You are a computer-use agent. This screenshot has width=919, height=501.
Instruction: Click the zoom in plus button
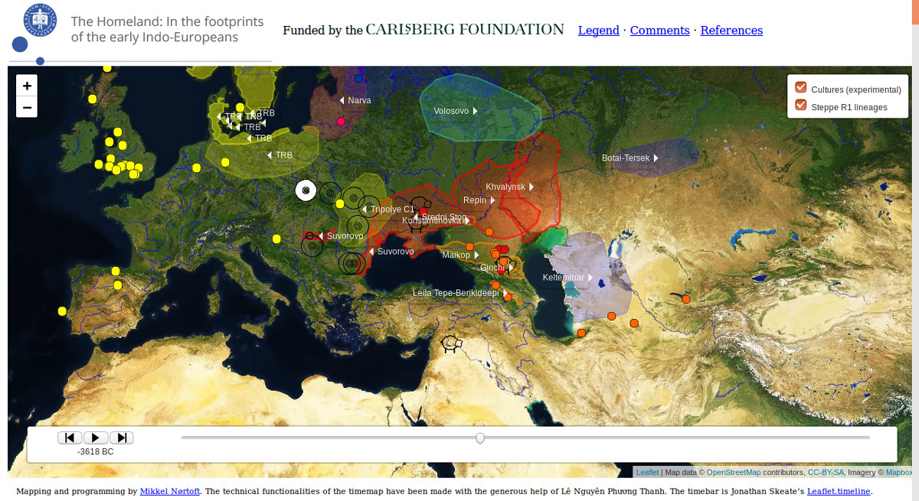tap(27, 86)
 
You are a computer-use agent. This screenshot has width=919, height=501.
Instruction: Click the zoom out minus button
tap(27, 108)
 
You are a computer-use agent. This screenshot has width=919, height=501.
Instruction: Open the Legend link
tap(598, 31)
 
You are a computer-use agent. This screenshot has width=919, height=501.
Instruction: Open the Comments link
tap(659, 31)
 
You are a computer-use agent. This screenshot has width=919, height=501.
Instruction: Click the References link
tap(731, 31)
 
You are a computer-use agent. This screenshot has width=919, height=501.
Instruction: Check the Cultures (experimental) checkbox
tap(801, 88)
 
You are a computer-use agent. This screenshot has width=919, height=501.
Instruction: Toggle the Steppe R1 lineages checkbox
tap(801, 106)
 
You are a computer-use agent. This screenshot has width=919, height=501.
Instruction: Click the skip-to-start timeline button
tap(70, 438)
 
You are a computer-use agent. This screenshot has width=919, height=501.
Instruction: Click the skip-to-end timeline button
tap(121, 438)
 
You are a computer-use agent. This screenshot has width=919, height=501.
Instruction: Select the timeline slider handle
tap(480, 438)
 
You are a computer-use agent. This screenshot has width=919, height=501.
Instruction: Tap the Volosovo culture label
tap(451, 111)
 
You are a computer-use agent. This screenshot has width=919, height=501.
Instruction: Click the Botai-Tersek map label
tap(626, 158)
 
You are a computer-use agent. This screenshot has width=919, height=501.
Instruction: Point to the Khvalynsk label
tap(505, 187)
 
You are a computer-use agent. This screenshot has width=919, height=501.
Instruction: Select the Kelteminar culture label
tap(564, 277)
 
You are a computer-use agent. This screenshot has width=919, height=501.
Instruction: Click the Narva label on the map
tap(358, 100)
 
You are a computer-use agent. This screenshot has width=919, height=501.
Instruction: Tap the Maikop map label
tap(456, 255)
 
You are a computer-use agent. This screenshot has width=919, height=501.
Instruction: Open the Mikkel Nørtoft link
tap(170, 492)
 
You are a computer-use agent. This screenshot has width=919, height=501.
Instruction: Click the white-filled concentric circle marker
tap(305, 190)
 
